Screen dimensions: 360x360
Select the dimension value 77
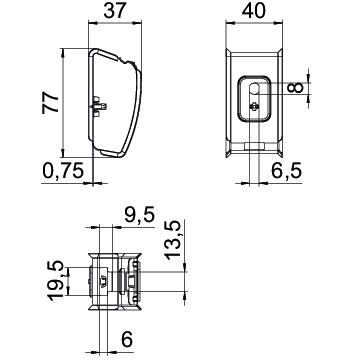(50, 103)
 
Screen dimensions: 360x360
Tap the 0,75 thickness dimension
(63, 171)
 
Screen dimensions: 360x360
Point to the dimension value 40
(254, 11)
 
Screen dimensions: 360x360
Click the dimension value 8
(296, 88)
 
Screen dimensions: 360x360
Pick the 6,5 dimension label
(287, 171)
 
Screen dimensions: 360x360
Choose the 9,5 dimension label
(140, 215)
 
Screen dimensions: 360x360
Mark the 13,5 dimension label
(173, 240)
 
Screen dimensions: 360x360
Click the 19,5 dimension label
(55, 281)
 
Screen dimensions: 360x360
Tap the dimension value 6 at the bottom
(127, 340)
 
